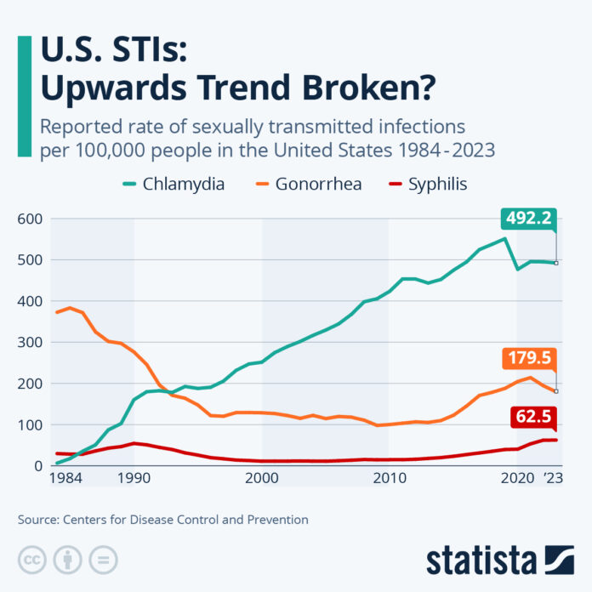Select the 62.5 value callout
[531, 418]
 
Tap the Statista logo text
[481, 560]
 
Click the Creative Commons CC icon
[32, 559]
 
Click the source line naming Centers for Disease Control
[162, 519]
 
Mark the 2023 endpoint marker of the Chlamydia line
[556, 263]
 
